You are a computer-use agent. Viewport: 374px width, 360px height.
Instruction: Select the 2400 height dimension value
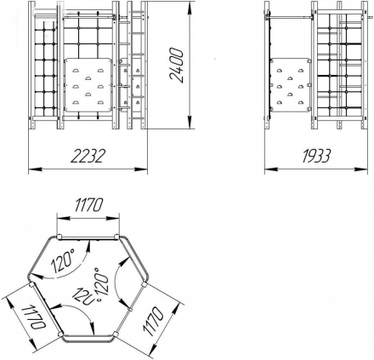tap(176, 66)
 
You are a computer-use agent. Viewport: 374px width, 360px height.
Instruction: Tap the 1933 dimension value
tap(316, 156)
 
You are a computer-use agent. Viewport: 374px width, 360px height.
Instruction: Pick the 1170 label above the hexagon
tap(88, 205)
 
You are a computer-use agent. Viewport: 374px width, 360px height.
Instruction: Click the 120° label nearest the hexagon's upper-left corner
tap(63, 262)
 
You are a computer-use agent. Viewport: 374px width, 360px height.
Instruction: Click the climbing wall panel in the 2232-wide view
tap(88, 85)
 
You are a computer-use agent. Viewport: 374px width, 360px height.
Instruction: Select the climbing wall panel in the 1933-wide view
tap(291, 85)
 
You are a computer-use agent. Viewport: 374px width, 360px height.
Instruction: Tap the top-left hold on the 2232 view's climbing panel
tap(76, 71)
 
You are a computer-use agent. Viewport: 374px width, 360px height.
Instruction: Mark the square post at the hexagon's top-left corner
tap(59, 237)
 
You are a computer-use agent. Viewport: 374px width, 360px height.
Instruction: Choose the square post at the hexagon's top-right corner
tap(116, 237)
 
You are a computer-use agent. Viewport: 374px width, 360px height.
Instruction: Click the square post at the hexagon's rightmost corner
tap(144, 284)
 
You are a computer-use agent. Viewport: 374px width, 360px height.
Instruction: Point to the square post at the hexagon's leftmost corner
tap(31, 284)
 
